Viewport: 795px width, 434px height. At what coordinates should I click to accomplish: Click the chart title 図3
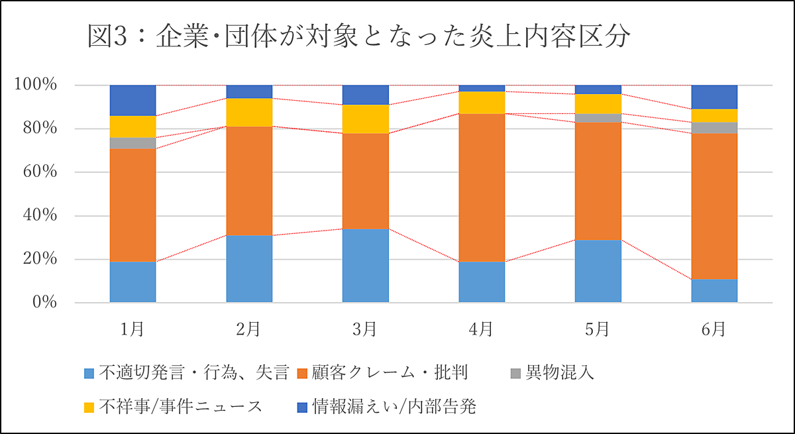(358, 38)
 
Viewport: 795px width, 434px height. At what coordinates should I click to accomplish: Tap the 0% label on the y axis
(44, 303)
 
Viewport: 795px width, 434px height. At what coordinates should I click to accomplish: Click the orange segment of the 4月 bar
(482, 188)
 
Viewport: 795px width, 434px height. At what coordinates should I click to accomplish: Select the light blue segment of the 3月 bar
(365, 266)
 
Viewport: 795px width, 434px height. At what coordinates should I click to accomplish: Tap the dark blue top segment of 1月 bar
(132, 100)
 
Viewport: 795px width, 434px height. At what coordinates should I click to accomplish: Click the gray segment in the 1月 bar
(132, 143)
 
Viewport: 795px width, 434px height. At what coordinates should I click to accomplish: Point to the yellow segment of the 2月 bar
(249, 112)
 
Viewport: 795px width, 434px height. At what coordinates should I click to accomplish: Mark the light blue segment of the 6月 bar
(714, 291)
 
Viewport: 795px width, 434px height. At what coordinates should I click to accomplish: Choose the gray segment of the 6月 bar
(714, 128)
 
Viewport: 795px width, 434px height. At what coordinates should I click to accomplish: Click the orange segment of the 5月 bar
(598, 181)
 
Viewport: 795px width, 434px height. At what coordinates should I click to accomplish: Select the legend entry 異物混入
(559, 374)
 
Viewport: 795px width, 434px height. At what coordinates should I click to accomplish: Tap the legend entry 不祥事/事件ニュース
(180, 406)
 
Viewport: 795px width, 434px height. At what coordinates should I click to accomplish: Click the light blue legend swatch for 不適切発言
(90, 374)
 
